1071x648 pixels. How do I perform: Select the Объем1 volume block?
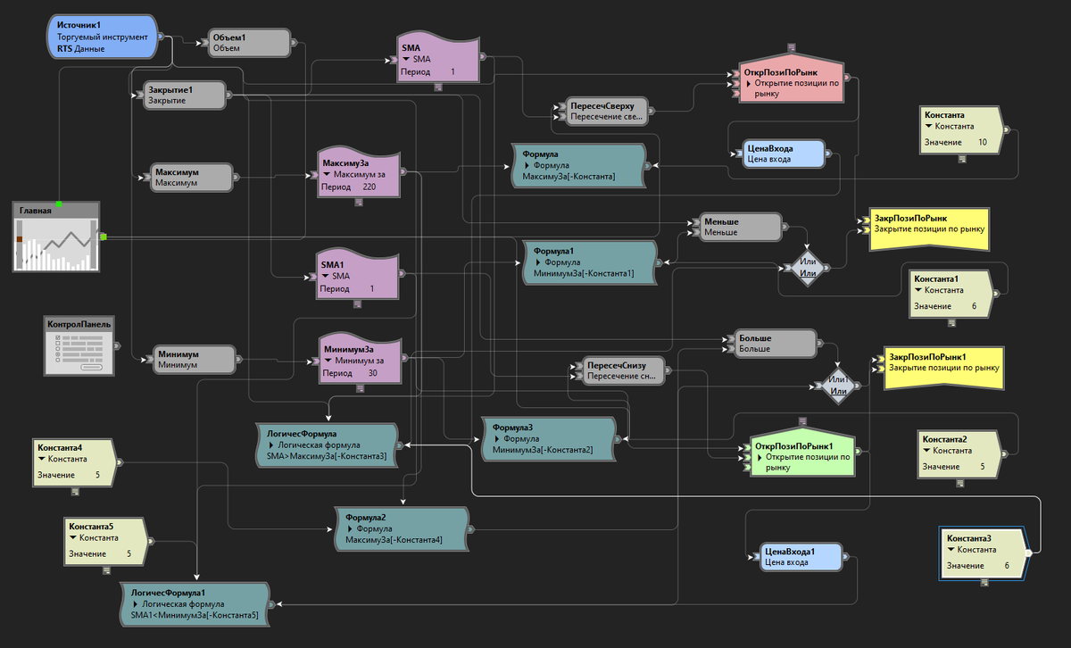pos(248,43)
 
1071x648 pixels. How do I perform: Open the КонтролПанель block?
pos(80,345)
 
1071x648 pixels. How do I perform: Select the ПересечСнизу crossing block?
pos(619,370)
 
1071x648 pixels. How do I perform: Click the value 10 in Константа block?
pos(983,142)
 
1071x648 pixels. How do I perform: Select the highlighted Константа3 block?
pos(981,552)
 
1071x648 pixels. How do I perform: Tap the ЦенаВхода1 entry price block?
pos(798,557)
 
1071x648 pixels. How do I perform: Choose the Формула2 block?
pos(401,528)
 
